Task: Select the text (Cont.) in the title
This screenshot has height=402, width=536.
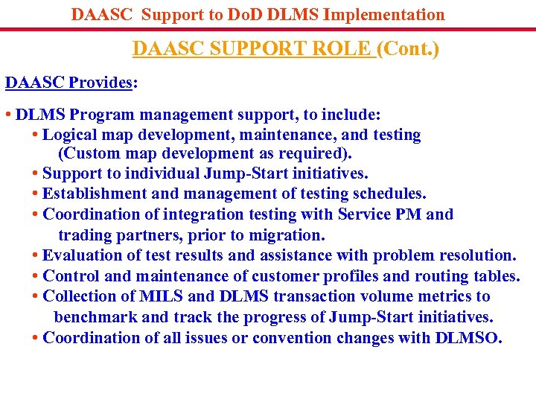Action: pos(408,49)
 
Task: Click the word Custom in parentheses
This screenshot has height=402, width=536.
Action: pos(89,153)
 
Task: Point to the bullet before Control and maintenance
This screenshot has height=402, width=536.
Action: pos(36,276)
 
